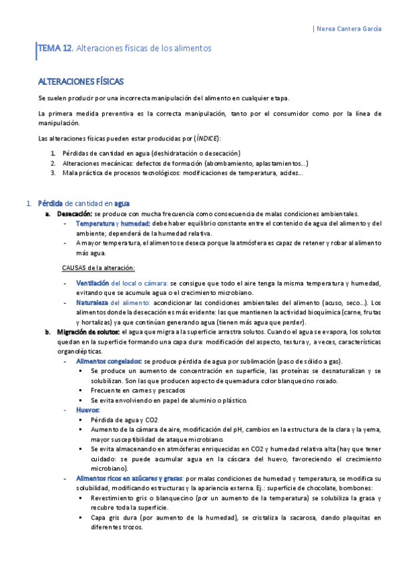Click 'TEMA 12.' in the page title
click(x=56, y=49)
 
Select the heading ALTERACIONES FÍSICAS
click(x=81, y=82)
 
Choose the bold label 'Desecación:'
click(x=74, y=213)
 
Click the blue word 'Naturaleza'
click(x=92, y=303)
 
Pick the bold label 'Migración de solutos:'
click(x=89, y=332)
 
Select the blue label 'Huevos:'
click(x=88, y=409)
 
